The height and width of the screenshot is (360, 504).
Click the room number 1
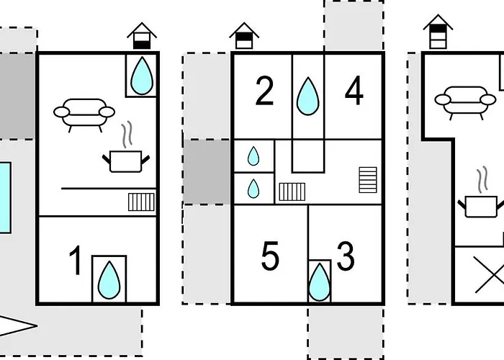pos(75,261)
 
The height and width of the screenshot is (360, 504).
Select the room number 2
pos(264,91)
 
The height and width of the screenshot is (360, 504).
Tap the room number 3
pos(346,257)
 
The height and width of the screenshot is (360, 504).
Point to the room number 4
pos(354,91)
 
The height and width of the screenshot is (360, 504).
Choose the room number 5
pos(270,257)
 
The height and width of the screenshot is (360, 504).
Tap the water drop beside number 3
pos(320,282)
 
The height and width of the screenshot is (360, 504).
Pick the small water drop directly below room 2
pos(253,156)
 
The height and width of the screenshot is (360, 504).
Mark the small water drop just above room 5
pos(253,189)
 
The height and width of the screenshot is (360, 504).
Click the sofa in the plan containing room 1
pos(85,114)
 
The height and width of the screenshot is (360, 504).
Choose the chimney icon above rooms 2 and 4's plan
pos(244,34)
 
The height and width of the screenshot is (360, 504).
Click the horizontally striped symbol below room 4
pos(367,179)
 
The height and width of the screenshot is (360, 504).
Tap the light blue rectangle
pos(5,197)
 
